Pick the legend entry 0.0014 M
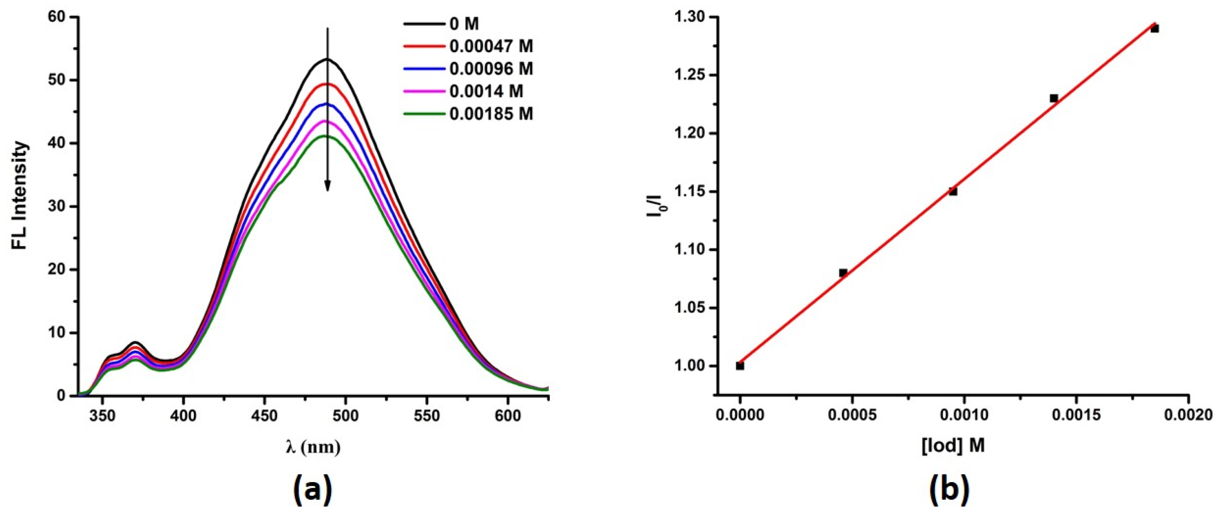click(486, 91)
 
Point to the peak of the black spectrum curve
click(326, 59)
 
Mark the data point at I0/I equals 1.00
click(740, 366)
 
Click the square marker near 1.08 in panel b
click(843, 273)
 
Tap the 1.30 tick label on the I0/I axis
click(692, 18)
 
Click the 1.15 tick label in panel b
click(692, 192)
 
